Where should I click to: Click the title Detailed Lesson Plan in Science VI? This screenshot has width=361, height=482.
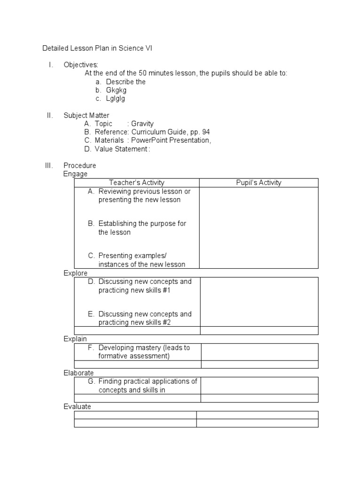[97, 48]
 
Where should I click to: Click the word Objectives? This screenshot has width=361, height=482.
[81, 64]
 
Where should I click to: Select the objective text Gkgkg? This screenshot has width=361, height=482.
[116, 90]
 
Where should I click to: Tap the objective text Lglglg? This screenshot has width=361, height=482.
[116, 98]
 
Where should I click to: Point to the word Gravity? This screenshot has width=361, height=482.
[142, 124]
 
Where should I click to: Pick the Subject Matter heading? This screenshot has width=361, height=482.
[86, 115]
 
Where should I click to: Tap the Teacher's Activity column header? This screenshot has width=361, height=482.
[137, 183]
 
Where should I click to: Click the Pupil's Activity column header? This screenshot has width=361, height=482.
[259, 183]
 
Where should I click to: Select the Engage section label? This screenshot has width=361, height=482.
[75, 174]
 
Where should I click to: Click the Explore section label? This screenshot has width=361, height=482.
[76, 273]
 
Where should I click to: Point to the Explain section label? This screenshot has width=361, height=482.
[75, 339]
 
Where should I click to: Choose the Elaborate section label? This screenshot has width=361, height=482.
[78, 373]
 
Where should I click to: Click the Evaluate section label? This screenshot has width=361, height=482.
[77, 407]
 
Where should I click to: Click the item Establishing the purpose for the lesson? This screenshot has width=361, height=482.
[141, 228]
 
